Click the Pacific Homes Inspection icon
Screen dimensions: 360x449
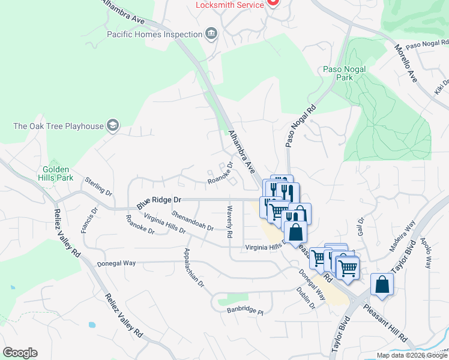[211, 34]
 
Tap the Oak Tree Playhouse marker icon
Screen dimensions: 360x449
[112, 126]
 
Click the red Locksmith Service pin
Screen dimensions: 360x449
[273, 2]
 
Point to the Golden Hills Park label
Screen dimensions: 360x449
[58, 173]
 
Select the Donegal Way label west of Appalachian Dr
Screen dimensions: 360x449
[116, 263]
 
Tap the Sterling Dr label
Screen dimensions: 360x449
[98, 187]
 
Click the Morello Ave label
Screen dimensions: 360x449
[405, 63]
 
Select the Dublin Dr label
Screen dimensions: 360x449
[306, 297]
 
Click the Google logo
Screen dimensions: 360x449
[20, 353]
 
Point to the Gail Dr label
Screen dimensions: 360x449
[361, 227]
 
